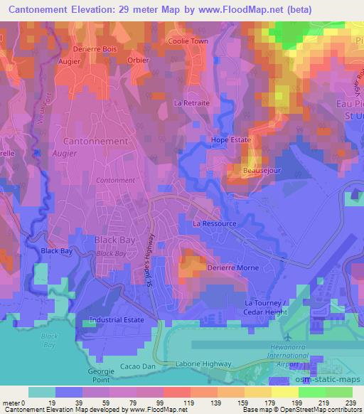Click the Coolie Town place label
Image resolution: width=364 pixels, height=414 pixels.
tap(188, 41)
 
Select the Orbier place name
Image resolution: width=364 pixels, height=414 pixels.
tap(138, 60)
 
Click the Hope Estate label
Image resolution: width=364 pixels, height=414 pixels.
tap(231, 140)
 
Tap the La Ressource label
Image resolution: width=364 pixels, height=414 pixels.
tap(215, 223)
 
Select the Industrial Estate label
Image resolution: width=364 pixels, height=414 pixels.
tap(117, 320)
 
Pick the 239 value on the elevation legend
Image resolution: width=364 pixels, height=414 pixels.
tap(350, 402)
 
